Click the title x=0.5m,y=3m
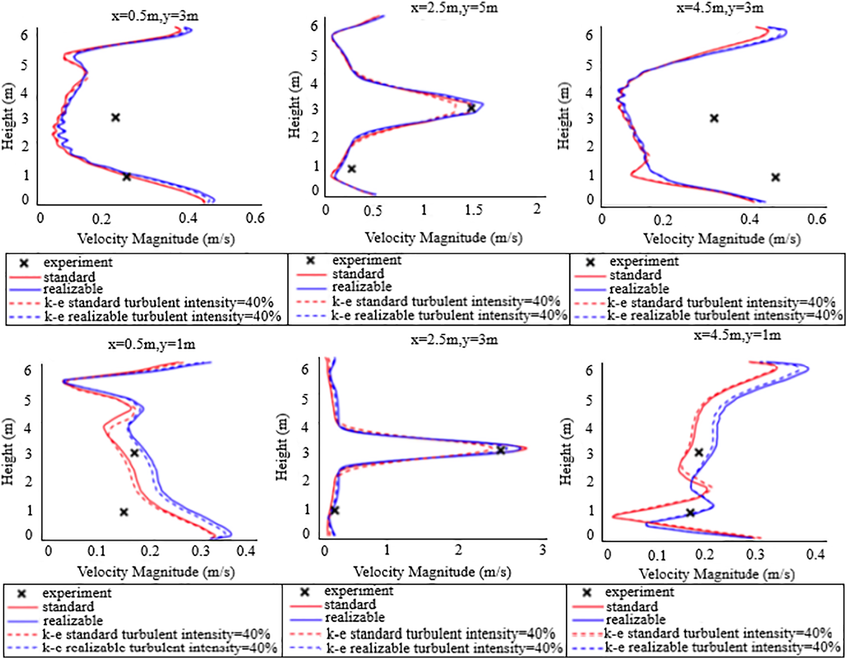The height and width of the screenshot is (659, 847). click(155, 17)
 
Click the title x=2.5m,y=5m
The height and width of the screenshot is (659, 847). click(454, 8)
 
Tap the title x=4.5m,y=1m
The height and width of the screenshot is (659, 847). click(737, 335)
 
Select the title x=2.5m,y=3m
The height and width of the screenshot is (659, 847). click(454, 340)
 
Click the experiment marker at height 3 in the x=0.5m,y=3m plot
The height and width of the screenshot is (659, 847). click(116, 117)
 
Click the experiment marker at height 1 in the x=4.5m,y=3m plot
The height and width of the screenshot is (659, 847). click(775, 177)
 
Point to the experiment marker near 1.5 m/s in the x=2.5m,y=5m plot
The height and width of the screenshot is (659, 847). click(471, 108)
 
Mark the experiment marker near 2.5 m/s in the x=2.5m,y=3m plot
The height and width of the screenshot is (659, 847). click(501, 450)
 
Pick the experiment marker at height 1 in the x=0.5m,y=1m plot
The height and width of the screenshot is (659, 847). click(124, 512)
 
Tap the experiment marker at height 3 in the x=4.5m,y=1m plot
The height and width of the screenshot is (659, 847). click(699, 453)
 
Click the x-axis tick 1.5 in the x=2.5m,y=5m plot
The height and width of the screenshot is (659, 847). click(474, 210)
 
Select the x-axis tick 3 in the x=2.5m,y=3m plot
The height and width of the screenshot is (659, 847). click(542, 551)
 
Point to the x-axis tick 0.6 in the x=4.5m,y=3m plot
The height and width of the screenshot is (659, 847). click(817, 219)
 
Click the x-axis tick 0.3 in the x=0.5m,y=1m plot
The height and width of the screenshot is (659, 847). click(201, 551)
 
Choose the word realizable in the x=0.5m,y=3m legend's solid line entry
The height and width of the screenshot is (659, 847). click(73, 289)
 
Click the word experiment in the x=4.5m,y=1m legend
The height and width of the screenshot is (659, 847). click(639, 592)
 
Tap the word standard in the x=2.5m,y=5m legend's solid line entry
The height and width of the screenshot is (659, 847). click(358, 273)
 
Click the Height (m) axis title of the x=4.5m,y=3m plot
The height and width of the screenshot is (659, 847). click(564, 117)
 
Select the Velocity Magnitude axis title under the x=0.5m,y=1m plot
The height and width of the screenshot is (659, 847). click(156, 572)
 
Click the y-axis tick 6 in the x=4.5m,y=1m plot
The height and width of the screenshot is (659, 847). click(590, 370)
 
